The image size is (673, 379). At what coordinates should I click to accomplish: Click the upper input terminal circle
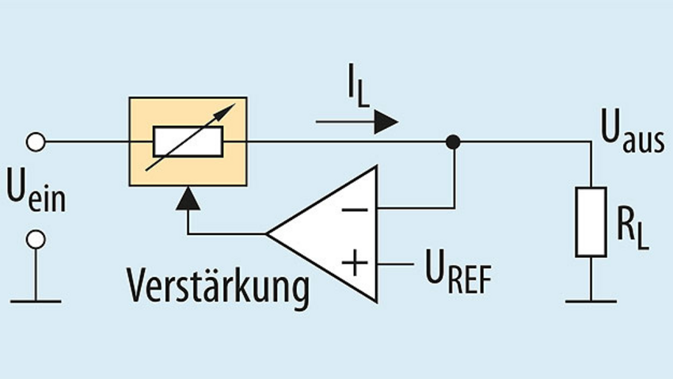(x=36, y=142)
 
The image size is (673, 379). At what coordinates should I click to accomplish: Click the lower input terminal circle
(x=36, y=239)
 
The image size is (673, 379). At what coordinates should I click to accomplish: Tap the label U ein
(x=36, y=192)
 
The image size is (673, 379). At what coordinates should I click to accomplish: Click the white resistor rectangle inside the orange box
(x=188, y=142)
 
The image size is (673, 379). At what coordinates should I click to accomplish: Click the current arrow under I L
(x=356, y=122)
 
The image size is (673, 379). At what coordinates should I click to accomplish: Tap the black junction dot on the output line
(x=452, y=142)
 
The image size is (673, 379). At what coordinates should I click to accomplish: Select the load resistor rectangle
(x=591, y=222)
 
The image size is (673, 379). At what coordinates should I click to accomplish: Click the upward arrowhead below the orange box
(x=188, y=198)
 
